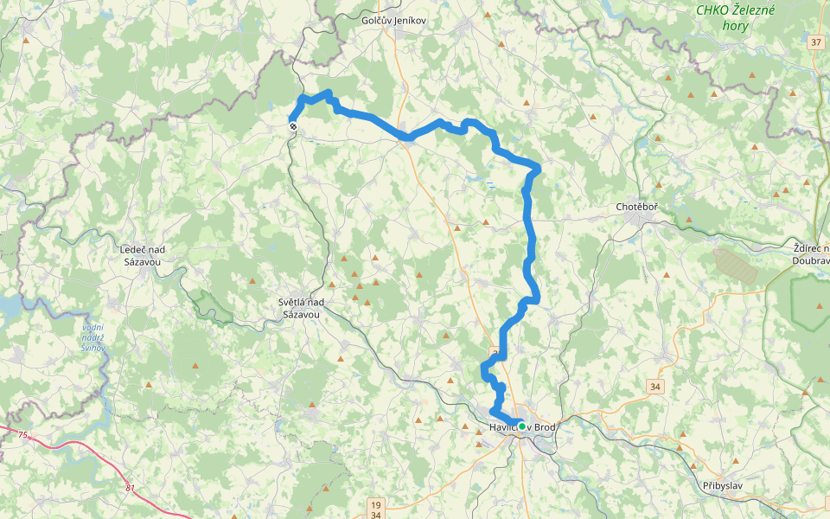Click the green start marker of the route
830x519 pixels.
522,426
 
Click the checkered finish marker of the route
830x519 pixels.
292,127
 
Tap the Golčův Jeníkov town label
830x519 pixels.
394,20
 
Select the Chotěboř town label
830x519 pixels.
637,208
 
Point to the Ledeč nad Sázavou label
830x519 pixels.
142,255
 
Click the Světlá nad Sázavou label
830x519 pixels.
300,308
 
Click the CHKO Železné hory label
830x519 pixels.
737,16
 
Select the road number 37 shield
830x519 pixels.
817,42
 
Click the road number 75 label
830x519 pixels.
22,435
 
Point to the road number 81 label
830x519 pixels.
130,489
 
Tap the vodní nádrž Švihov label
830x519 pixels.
93,337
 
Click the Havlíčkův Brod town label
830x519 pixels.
516,427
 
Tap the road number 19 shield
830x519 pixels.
374,503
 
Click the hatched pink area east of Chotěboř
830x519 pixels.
736,266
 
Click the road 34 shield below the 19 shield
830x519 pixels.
374,515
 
